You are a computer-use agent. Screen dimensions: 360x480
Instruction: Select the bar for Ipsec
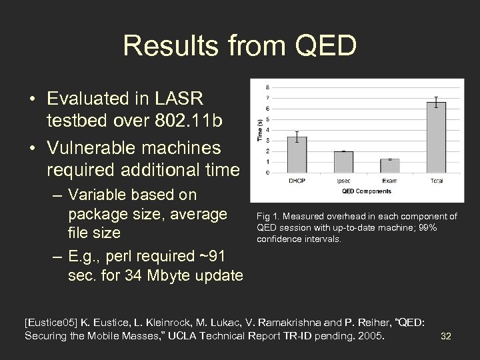click(343, 162)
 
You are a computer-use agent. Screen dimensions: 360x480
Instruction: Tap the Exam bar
click(389, 166)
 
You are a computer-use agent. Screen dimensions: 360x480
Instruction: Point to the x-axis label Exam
click(389, 181)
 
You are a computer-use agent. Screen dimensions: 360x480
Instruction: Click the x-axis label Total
click(436, 181)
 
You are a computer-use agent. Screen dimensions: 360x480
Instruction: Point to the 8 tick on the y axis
click(269, 87)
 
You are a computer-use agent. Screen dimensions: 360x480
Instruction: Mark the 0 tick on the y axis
click(269, 173)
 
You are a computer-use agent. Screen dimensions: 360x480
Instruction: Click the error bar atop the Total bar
click(436, 102)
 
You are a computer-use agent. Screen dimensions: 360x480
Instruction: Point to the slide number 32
click(446, 336)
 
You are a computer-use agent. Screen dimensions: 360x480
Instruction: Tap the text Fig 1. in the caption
click(265, 216)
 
